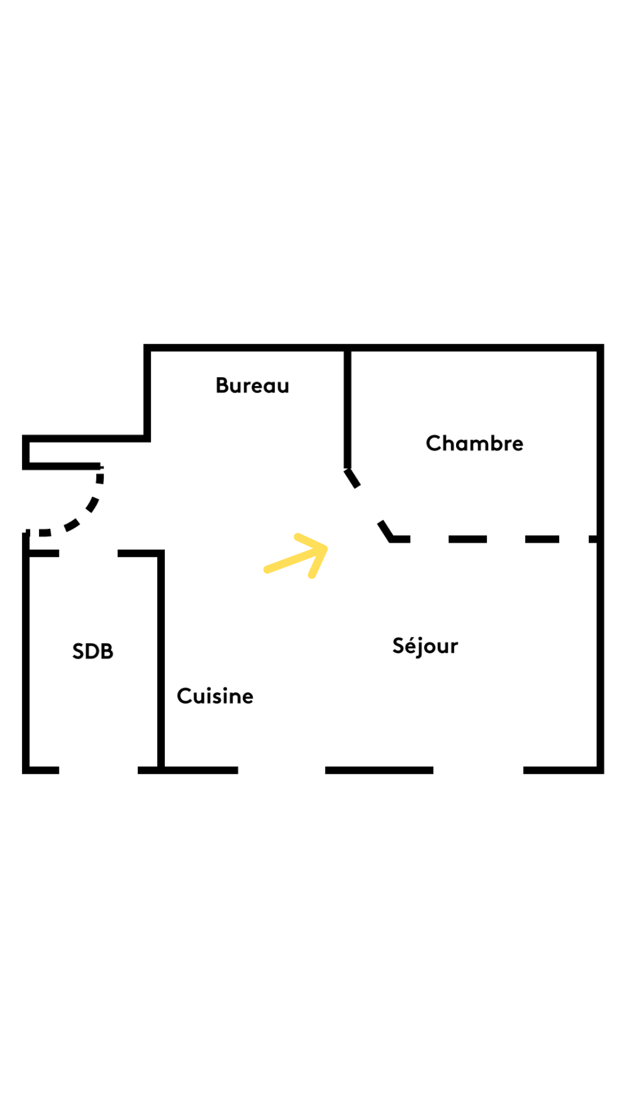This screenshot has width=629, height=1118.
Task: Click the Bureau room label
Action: pos(252,385)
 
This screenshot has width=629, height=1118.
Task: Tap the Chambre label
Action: pos(475,443)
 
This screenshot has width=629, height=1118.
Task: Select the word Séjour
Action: pos(425,646)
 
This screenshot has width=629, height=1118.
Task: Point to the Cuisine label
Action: pos(215,696)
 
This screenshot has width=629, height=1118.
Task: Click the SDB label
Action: pos(93,651)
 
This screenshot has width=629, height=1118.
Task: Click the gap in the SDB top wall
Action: pos(89,553)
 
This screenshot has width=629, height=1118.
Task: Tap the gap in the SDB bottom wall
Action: pos(98,770)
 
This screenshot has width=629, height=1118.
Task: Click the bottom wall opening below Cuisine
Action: pos(281,770)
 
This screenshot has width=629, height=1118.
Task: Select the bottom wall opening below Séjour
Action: pos(478,770)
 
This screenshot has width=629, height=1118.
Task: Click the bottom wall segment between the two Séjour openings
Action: pos(379,770)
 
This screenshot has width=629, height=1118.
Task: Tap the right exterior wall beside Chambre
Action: pos(600,443)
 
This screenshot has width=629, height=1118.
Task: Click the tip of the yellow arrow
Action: pos(327,547)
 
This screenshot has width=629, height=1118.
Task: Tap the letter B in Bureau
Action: pos(222,385)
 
